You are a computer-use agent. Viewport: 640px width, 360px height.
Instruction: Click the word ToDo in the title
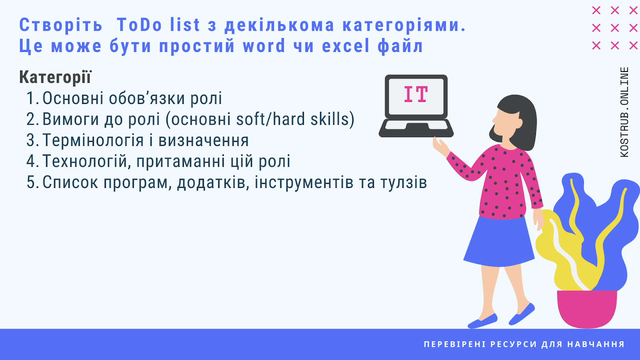140,25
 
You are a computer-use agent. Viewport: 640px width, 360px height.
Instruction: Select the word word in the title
264,46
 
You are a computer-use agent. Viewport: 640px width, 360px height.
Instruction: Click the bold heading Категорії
55,77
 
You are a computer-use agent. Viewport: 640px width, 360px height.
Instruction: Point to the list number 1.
32,98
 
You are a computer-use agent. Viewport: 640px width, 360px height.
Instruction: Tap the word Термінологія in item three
93,140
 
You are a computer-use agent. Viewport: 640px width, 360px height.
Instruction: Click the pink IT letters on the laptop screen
416,94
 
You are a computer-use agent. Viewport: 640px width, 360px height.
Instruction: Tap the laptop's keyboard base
416,128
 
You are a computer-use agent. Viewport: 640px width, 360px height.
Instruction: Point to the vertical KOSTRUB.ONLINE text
624,112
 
